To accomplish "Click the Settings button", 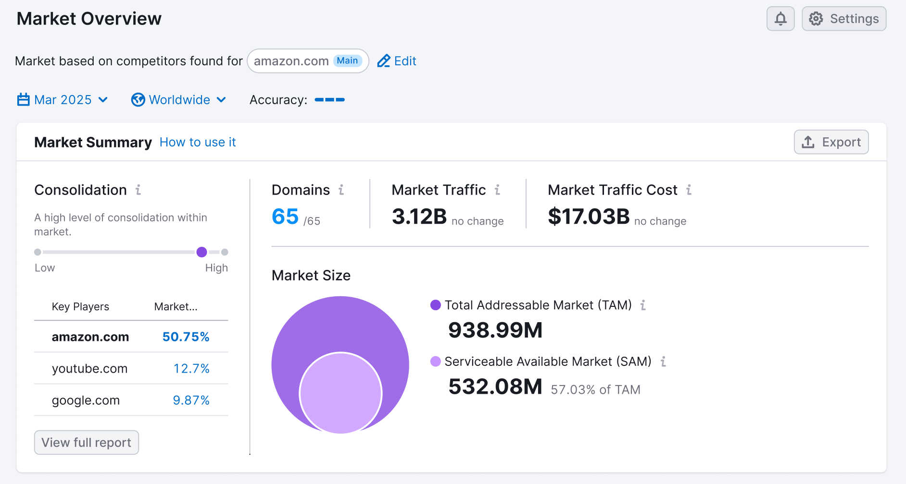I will point(844,19).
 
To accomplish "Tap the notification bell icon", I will point(780,19).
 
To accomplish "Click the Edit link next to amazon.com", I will point(397,61).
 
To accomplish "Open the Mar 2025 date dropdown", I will point(63,100).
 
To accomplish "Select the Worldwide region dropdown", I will point(179,100).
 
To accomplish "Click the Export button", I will point(831,142).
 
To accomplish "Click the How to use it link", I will point(198,142).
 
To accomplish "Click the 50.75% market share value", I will point(186,337).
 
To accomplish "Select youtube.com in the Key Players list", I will point(90,368).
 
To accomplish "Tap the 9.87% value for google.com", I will point(191,400).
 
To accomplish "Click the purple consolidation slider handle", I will point(202,252).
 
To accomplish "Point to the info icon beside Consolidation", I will point(138,190).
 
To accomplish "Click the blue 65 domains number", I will point(285,217).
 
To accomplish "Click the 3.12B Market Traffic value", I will point(419,217).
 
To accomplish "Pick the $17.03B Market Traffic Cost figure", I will point(589,217).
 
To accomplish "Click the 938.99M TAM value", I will point(495,330).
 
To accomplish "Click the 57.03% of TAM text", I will point(595,389).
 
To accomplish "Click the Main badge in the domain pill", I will point(347,60).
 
